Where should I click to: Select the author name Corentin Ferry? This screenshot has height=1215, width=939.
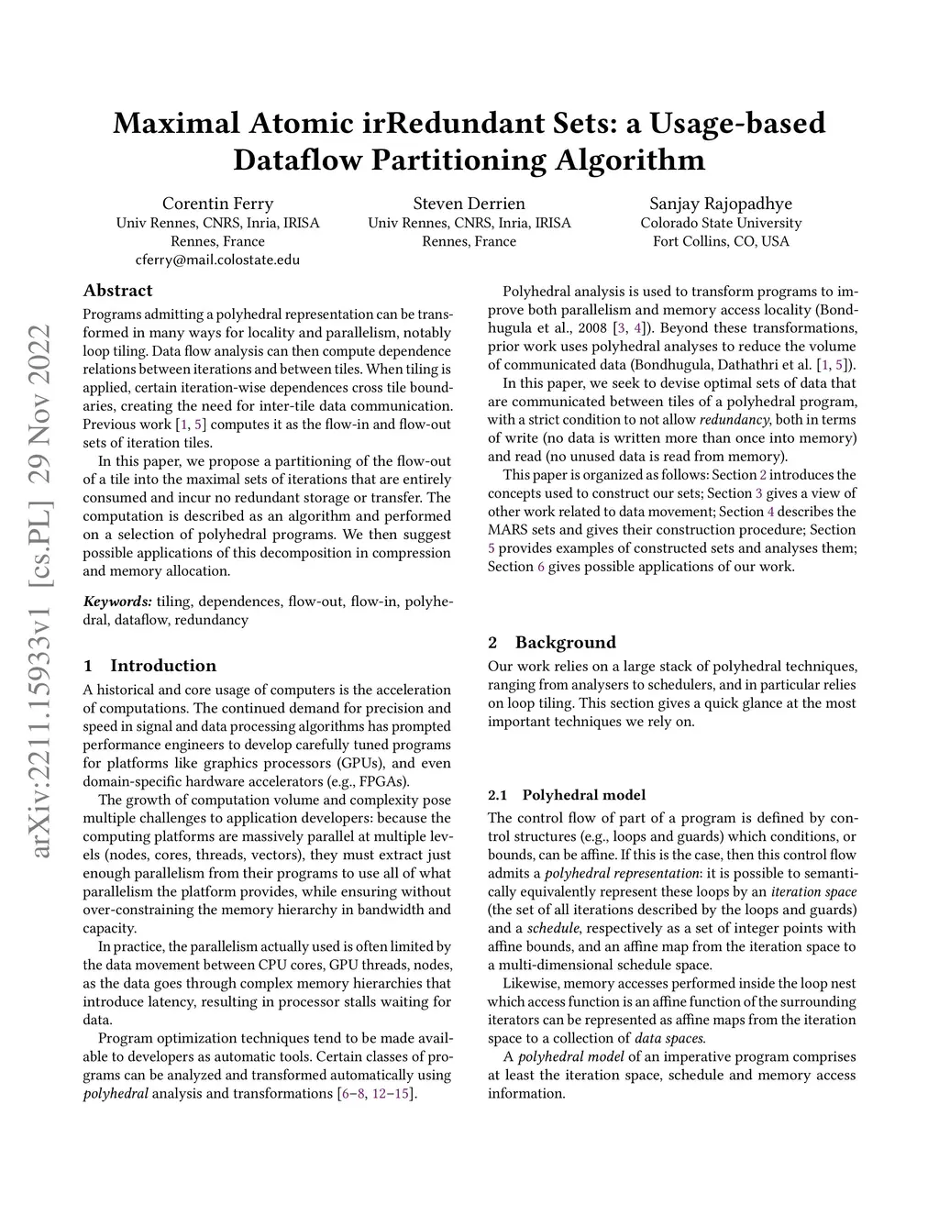[217, 204]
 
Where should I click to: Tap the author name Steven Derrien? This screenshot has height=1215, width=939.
[469, 204]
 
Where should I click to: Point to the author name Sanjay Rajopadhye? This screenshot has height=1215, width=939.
[721, 204]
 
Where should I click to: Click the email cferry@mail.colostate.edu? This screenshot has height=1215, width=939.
[217, 260]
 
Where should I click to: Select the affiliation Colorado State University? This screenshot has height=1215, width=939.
[721, 223]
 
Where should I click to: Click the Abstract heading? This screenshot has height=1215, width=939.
[117, 291]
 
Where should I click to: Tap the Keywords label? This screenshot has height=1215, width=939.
[117, 602]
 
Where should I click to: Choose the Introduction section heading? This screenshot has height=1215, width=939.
[162, 666]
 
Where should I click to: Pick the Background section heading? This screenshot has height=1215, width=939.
[565, 642]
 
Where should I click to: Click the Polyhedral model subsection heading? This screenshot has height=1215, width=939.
[583, 795]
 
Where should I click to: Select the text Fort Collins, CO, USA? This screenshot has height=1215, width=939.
[721, 241]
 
